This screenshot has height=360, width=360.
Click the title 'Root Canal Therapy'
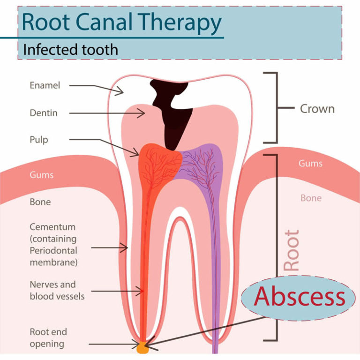pyautogui.click(x=121, y=22)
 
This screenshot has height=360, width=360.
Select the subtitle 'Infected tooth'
pyautogui.click(x=70, y=49)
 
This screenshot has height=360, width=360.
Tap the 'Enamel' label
pyautogui.click(x=45, y=85)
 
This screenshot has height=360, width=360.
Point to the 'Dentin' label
pyautogui.click(x=44, y=113)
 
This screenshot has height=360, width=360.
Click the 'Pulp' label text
pyautogui.click(x=39, y=140)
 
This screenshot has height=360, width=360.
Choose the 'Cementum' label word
pyautogui.click(x=52, y=227)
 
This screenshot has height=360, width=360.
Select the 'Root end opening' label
pyautogui.click(x=48, y=338)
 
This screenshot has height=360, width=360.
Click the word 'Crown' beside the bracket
pyautogui.click(x=317, y=109)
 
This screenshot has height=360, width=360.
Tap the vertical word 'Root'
pyautogui.click(x=291, y=250)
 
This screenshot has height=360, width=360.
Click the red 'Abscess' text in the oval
pyautogui.click(x=300, y=297)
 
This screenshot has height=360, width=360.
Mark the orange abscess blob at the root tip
pyautogui.click(x=142, y=347)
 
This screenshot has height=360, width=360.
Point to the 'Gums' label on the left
pyautogui.click(x=42, y=175)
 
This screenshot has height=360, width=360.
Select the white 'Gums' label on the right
pyautogui.click(x=310, y=164)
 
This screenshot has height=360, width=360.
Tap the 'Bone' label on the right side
pyautogui.click(x=311, y=198)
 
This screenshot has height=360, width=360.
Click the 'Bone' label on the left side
pyautogui.click(x=40, y=202)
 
